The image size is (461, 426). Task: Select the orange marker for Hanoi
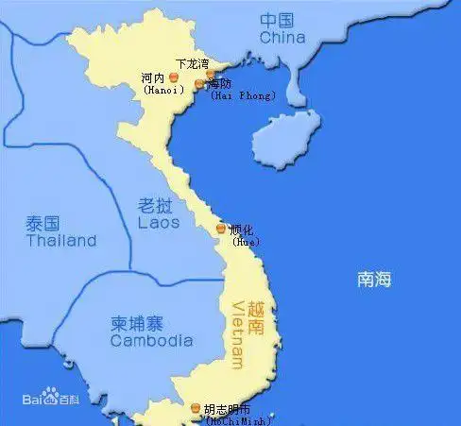[x=173, y=77]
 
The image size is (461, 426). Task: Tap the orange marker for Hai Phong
[x=199, y=84]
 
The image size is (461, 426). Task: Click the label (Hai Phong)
[x=243, y=95]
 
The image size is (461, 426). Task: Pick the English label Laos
[x=160, y=223]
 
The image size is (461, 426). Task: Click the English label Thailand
[x=61, y=241]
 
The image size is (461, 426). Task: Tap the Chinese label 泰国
[x=43, y=223]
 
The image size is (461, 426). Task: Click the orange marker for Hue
[x=221, y=229]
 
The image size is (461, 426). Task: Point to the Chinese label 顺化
[x=241, y=229]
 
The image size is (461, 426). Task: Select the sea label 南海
[x=373, y=280]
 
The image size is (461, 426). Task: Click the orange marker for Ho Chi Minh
[x=196, y=409]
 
